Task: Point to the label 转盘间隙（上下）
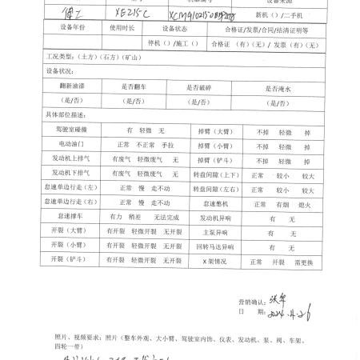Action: click(x=205, y=174)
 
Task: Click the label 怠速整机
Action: click(x=205, y=202)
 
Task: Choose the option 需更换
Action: click(x=306, y=261)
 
